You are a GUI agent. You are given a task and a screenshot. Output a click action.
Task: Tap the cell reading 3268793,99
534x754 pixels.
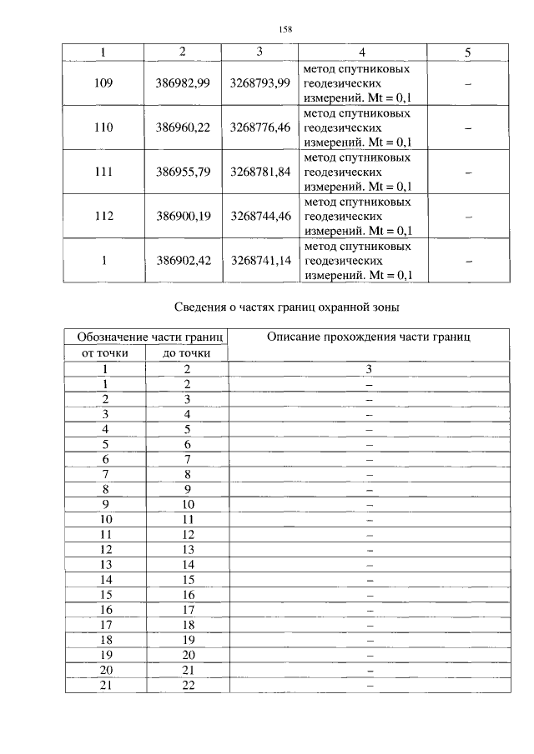260,83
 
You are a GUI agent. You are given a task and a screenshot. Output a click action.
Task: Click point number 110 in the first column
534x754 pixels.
103,128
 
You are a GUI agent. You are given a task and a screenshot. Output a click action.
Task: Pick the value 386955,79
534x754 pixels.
184,172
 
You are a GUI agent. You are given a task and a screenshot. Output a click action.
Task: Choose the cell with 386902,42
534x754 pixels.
184,261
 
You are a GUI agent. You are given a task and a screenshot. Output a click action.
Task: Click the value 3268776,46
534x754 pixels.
260,128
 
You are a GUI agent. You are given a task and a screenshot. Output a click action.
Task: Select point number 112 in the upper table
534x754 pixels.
103,217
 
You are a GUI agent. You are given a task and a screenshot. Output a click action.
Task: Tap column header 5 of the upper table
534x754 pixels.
468,52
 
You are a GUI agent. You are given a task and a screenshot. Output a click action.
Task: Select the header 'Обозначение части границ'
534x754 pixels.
147,337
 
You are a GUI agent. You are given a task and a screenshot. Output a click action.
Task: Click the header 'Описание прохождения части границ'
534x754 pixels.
369,337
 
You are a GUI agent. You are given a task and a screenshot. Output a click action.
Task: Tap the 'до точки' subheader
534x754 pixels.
187,354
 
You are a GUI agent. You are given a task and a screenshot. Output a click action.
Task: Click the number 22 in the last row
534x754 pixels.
188,685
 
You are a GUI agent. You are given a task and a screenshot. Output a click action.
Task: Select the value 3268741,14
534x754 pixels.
260,261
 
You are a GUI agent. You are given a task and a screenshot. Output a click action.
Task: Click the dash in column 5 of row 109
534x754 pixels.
468,84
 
